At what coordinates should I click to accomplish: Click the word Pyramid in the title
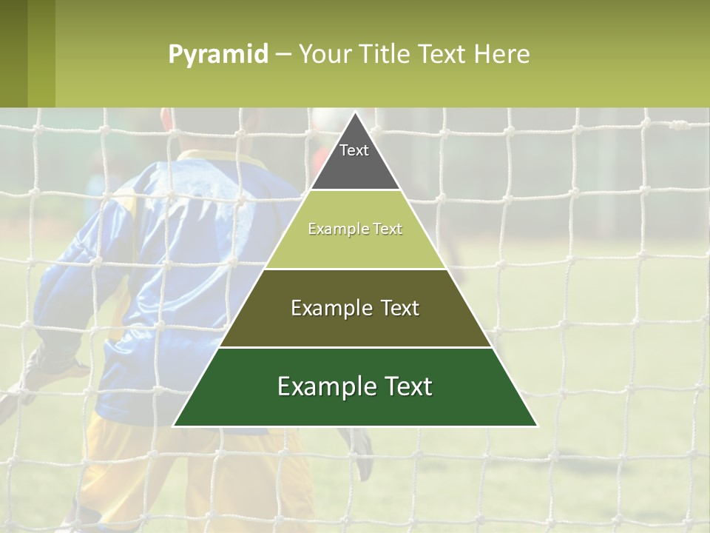click(218, 55)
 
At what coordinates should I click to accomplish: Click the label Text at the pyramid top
click(354, 150)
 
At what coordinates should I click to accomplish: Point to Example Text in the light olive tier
click(355, 229)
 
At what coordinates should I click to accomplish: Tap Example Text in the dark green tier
click(355, 386)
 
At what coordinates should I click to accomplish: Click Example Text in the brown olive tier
click(355, 308)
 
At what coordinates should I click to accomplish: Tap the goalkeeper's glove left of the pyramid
click(44, 370)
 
